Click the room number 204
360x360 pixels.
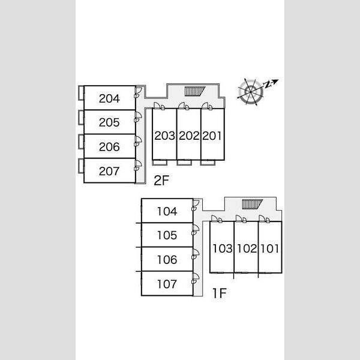[x=109, y=98]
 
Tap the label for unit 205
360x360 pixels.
[x=109, y=122]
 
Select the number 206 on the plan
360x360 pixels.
[x=109, y=147]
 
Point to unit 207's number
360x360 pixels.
[x=109, y=171]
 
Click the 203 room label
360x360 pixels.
[x=164, y=136]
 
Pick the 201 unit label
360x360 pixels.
[x=212, y=136]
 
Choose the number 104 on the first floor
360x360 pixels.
[x=167, y=211]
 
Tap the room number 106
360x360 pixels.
[x=167, y=260]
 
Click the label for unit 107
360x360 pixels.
[x=167, y=284]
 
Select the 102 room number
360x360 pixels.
[x=247, y=248]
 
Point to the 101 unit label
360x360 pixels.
[x=269, y=248]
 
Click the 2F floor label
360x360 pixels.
[x=161, y=180]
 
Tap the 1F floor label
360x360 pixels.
[x=220, y=293]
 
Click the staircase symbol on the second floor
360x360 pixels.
[x=194, y=91]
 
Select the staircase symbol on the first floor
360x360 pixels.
[x=252, y=204]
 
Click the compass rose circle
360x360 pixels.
[x=250, y=92]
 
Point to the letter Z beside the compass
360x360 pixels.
[x=267, y=85]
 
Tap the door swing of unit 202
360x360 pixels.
[x=184, y=106]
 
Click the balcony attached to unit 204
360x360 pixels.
[x=81, y=93]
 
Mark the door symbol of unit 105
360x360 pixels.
[x=196, y=230]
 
